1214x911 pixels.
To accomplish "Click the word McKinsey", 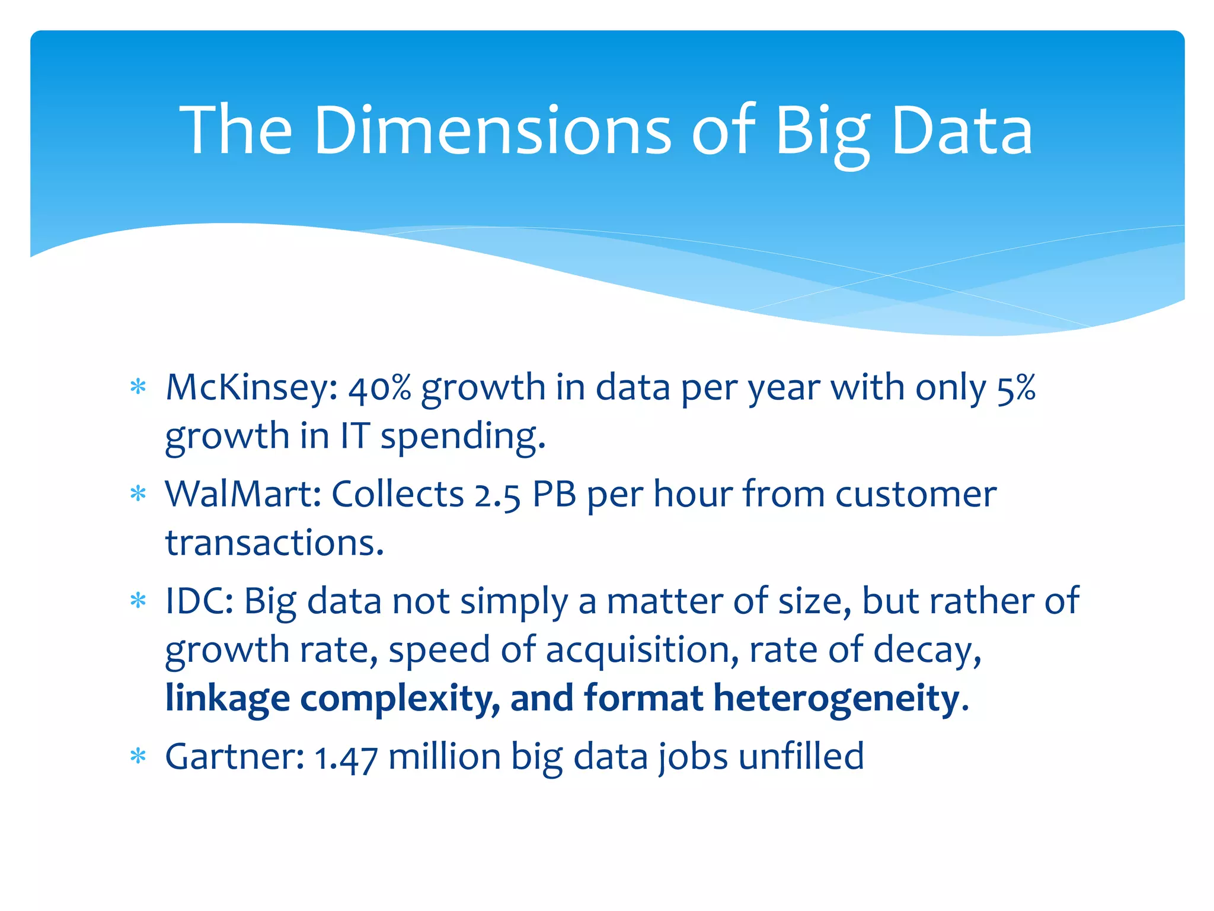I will pyautogui.click(x=251, y=388).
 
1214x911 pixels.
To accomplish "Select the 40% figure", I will pyautogui.click(x=379, y=388).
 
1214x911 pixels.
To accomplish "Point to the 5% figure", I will pyautogui.click(x=1016, y=388).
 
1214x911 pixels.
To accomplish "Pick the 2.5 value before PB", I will pyautogui.click(x=497, y=496).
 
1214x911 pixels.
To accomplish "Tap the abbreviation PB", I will pyautogui.click(x=554, y=495).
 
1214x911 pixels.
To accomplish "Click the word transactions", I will pyautogui.click(x=274, y=543).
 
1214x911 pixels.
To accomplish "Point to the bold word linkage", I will pyautogui.click(x=228, y=699).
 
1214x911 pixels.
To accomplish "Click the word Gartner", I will pyautogui.click(x=235, y=757).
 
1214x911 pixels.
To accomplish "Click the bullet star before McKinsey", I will pyautogui.click(x=138, y=387).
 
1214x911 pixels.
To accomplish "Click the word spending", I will pyautogui.click(x=462, y=437).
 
